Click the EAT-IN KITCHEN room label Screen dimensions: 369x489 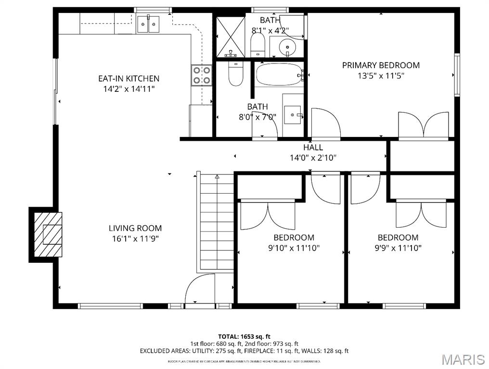click(129, 78)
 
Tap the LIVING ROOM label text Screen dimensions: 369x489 click(135, 228)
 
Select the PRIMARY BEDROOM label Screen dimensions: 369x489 click(381, 65)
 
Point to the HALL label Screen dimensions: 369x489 click(313, 148)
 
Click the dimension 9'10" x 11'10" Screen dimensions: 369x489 click(294, 248)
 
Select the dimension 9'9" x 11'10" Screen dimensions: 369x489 click(398, 248)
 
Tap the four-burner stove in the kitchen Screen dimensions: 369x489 click(202, 75)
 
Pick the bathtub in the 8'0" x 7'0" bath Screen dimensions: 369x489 click(278, 74)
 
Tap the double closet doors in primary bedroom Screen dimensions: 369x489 click(423, 126)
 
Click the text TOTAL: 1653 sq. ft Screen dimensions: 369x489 click(244, 336)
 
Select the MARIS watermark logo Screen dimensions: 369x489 click(463, 359)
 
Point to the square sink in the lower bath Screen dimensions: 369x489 click(292, 114)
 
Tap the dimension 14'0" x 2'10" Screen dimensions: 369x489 click(313, 157)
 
